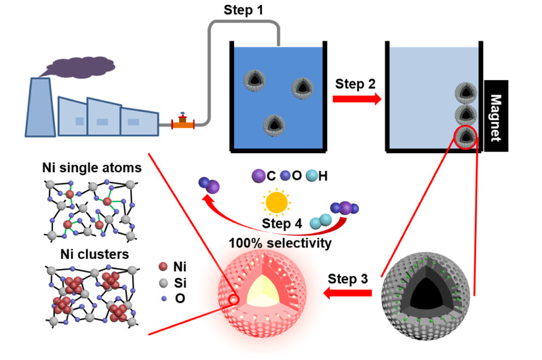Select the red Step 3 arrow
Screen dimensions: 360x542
coord(349,293)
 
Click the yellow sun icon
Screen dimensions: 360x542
coord(277,202)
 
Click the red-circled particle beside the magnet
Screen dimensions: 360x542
coord(465,137)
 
